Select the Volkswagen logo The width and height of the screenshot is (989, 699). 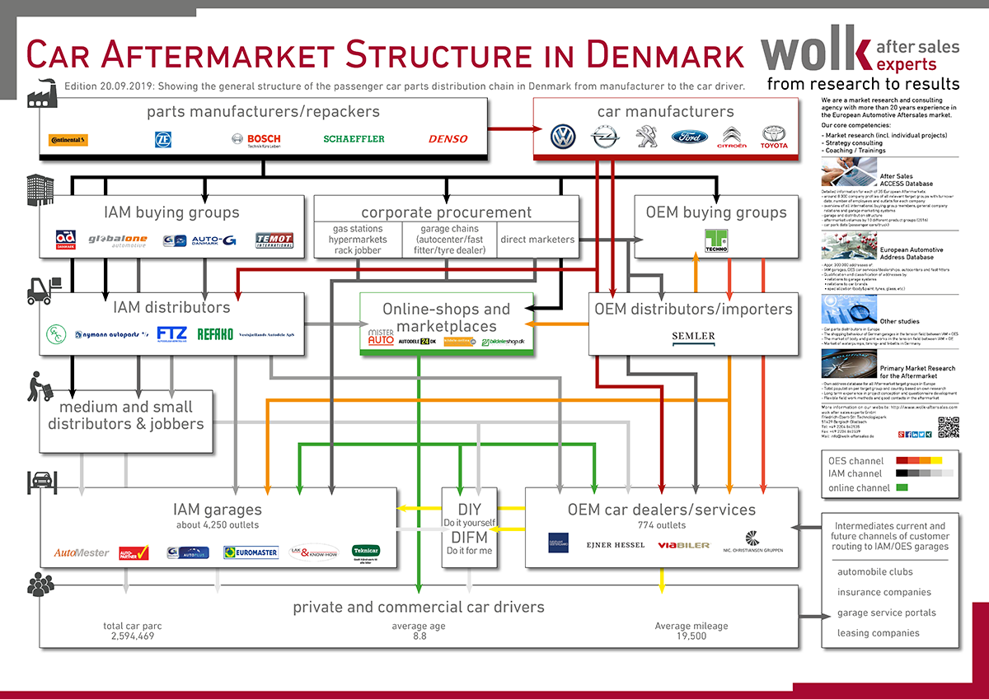click(x=563, y=137)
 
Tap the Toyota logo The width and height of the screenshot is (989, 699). click(x=774, y=137)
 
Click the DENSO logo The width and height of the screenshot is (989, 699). click(x=448, y=139)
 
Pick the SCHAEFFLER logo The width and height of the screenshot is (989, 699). click(x=354, y=139)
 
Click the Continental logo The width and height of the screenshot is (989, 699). click(x=68, y=140)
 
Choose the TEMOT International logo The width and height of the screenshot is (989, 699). click(x=274, y=240)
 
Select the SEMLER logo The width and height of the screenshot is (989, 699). click(x=693, y=336)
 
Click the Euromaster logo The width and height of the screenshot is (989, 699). click(x=251, y=552)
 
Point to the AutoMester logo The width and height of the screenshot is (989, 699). click(x=82, y=552)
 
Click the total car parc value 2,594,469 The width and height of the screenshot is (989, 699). click(x=133, y=636)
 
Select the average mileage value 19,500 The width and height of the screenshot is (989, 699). click(x=691, y=636)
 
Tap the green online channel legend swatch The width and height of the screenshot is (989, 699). click(x=902, y=487)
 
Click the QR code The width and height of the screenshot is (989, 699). click(x=949, y=427)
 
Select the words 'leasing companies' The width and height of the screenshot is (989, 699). click(x=878, y=633)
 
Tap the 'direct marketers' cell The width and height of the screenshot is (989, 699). click(x=538, y=240)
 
